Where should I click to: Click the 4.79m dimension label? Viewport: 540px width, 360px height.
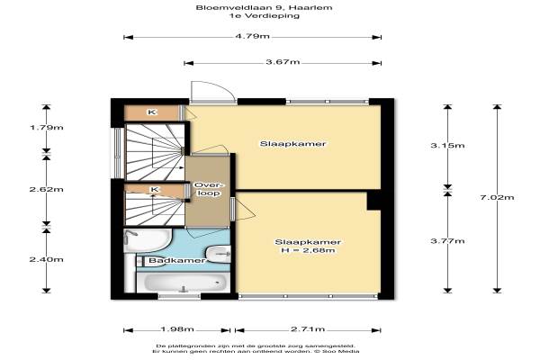pyautogui.click(x=252, y=36)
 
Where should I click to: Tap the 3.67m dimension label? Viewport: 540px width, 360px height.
pyautogui.click(x=283, y=62)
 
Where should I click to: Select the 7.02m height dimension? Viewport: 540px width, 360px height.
pyautogui.click(x=497, y=197)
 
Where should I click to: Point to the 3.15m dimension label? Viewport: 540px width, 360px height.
pyautogui.click(x=447, y=146)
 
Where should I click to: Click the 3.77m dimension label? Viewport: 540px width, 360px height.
pyautogui.click(x=447, y=241)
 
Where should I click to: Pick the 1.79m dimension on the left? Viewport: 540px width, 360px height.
pyautogui.click(x=47, y=128)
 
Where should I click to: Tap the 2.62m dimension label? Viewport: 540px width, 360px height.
pyautogui.click(x=47, y=189)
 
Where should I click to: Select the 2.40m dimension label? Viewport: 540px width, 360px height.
pyautogui.click(x=47, y=259)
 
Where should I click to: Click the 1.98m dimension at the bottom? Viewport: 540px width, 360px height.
pyautogui.click(x=177, y=329)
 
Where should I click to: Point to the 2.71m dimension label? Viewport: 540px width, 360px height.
pyautogui.click(x=308, y=329)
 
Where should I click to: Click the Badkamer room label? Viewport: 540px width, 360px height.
pyautogui.click(x=177, y=260)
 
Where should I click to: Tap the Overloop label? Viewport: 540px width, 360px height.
pyautogui.click(x=209, y=189)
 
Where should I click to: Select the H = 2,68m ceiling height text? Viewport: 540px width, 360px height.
pyautogui.click(x=308, y=250)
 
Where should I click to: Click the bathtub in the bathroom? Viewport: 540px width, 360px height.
pyautogui.click(x=183, y=283)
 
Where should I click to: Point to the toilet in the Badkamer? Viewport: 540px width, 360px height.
pyautogui.click(x=219, y=255)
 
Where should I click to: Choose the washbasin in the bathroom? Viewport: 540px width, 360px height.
pyautogui.click(x=147, y=240)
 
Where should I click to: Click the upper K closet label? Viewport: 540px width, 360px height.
pyautogui.click(x=152, y=112)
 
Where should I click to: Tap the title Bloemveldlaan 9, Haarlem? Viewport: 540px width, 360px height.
pyautogui.click(x=264, y=7)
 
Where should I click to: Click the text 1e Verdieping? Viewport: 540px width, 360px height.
pyautogui.click(x=264, y=15)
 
